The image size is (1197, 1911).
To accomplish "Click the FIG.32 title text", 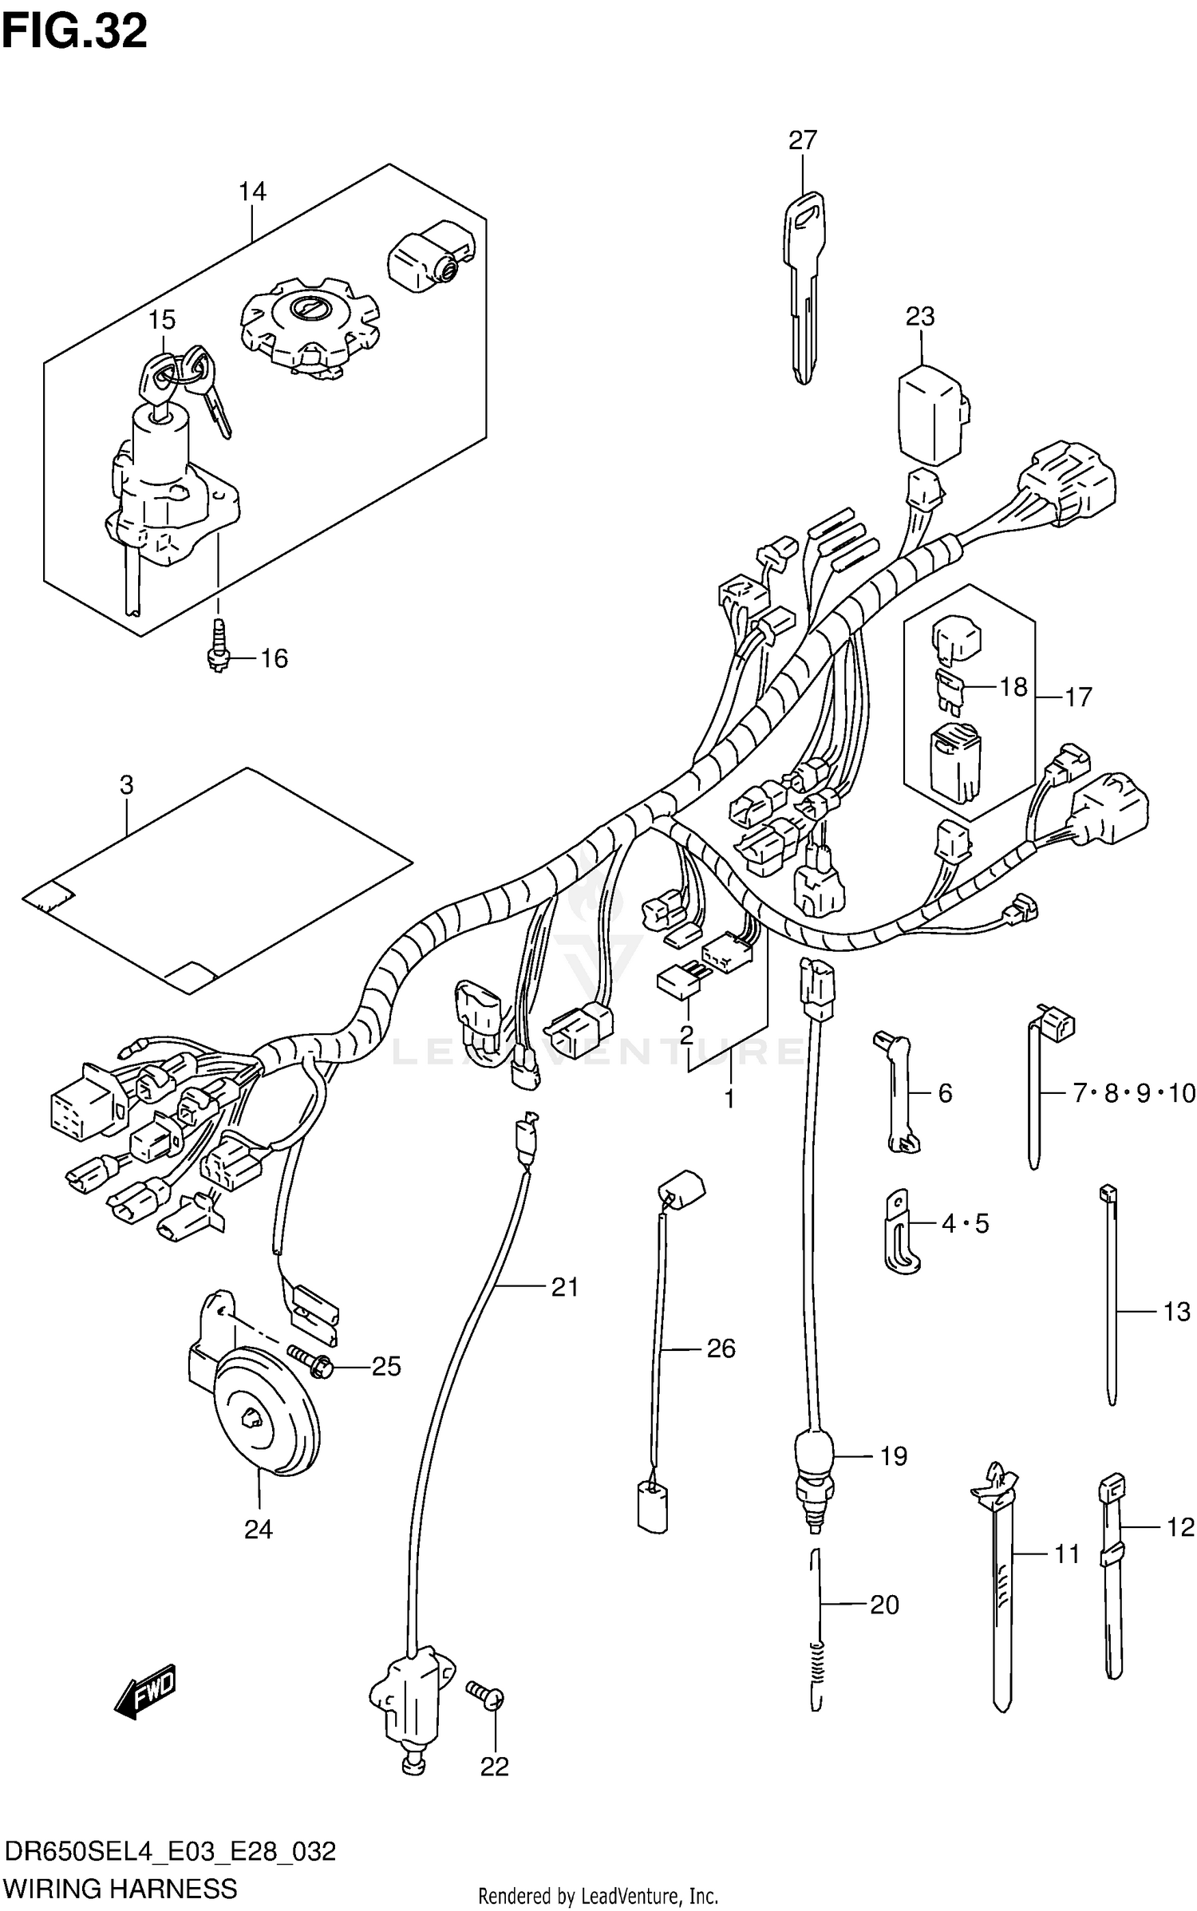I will [74, 32].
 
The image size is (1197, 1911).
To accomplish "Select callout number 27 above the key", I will [802, 140].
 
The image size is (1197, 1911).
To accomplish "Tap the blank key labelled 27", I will [804, 279].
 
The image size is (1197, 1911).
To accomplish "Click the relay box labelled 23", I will [932, 415].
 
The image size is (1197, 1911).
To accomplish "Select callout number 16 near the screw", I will [273, 658].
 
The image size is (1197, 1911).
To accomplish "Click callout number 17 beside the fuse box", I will [1077, 697].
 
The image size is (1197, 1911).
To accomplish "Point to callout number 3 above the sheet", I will [126, 785].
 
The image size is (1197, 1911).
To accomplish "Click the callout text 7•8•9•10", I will [1134, 1092].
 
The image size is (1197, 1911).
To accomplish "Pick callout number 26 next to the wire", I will [720, 1348].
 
